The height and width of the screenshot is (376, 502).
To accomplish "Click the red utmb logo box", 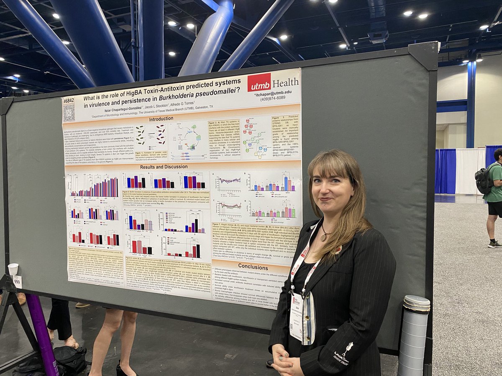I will [259, 82].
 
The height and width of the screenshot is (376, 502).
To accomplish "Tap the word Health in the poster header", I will [285, 81].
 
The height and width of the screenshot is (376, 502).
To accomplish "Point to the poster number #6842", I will [68, 101].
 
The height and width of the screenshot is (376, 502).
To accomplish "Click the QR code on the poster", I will [69, 113].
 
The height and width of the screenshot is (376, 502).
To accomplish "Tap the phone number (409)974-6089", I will [269, 97].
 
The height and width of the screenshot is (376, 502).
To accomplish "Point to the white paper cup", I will [13, 269].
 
